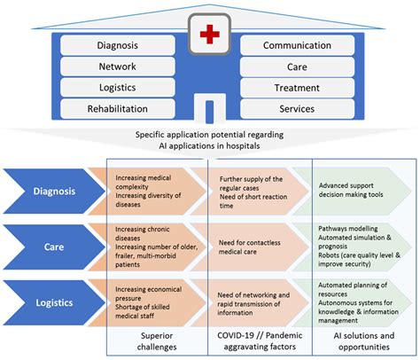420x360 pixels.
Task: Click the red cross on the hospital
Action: (x=209, y=35)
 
